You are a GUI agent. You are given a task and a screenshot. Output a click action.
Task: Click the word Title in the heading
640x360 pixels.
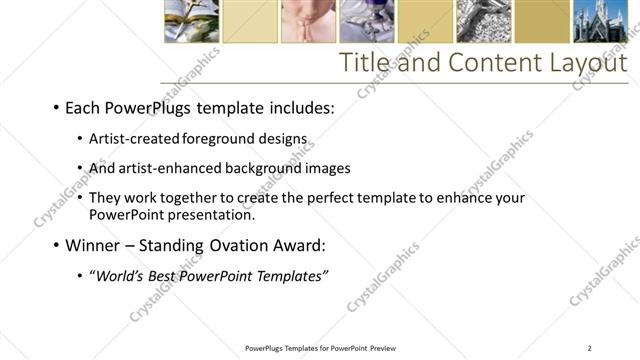coord(365,63)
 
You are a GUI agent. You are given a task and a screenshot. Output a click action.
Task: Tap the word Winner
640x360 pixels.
coord(91,245)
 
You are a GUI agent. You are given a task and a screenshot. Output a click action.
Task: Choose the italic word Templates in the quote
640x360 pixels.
coord(290,275)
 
